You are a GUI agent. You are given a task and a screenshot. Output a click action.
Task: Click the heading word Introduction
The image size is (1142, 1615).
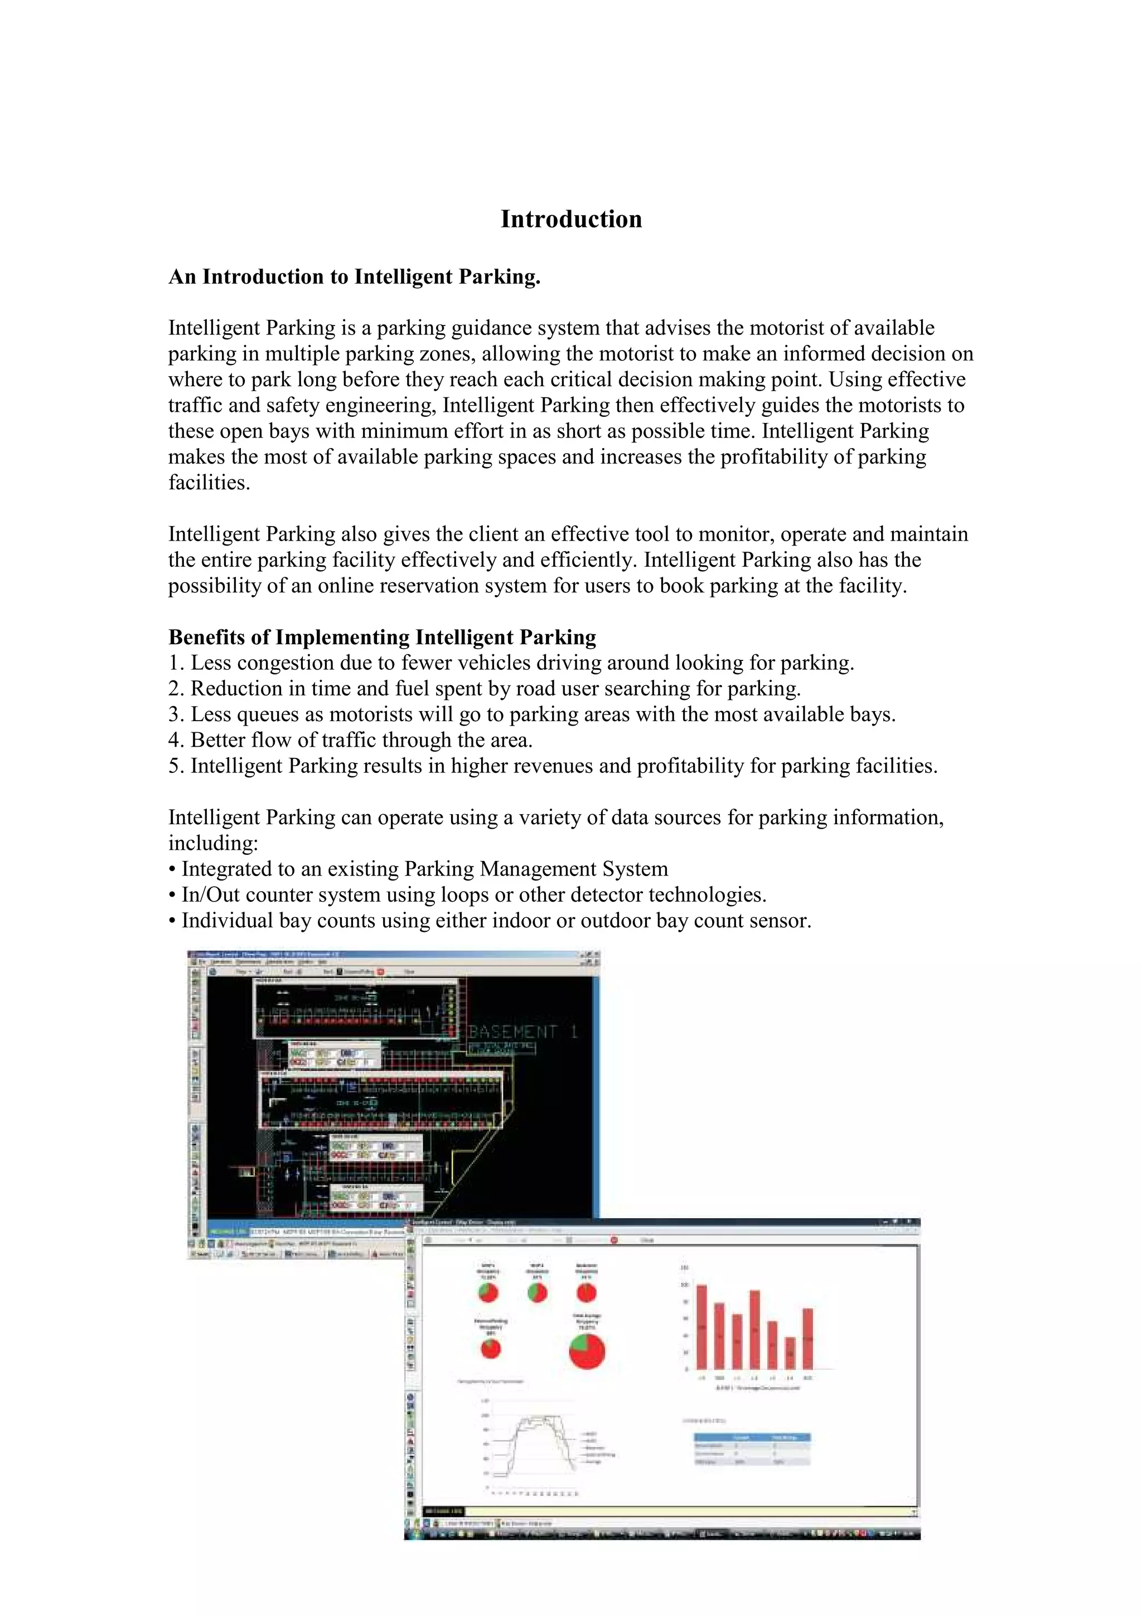[570, 220]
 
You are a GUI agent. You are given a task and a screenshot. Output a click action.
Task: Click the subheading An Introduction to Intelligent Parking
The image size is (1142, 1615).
[354, 277]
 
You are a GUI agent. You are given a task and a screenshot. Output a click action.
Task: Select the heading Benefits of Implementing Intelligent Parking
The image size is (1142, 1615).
[382, 638]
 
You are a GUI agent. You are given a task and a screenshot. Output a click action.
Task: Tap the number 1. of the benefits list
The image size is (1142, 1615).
[177, 663]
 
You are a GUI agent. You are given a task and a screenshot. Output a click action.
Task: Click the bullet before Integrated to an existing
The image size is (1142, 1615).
[172, 869]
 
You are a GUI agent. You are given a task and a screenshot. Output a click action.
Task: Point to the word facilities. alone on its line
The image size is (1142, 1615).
[209, 483]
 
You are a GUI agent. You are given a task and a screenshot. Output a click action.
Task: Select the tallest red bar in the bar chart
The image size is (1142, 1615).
[701, 1326]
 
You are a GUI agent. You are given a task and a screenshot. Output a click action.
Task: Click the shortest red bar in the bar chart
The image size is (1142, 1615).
[790, 1353]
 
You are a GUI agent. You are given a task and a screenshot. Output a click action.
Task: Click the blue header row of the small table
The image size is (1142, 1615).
[752, 1438]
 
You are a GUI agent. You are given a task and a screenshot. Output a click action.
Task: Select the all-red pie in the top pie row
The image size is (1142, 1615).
[586, 1293]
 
